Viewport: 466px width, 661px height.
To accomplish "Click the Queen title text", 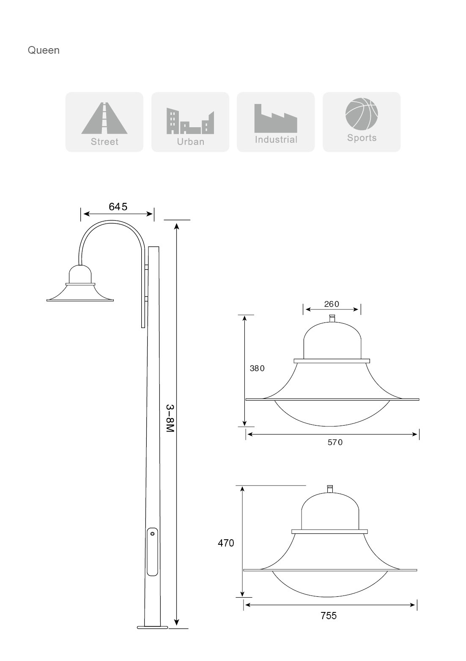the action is pos(44,50).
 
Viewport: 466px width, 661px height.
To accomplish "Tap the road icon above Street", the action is pos(104,118).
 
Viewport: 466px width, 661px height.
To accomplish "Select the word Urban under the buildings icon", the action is pos(190,142).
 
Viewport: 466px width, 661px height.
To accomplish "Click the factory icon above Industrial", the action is pos(276,118).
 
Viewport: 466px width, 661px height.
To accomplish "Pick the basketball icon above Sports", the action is pos(362,114).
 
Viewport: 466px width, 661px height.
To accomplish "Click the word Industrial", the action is pos(276,139).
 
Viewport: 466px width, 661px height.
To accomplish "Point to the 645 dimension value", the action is pos(118,207).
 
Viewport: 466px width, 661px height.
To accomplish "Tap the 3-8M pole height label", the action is pos(170,418).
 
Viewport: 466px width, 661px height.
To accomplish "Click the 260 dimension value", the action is pos(332,304).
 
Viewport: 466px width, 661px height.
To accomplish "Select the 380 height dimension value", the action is pos(257,368).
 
